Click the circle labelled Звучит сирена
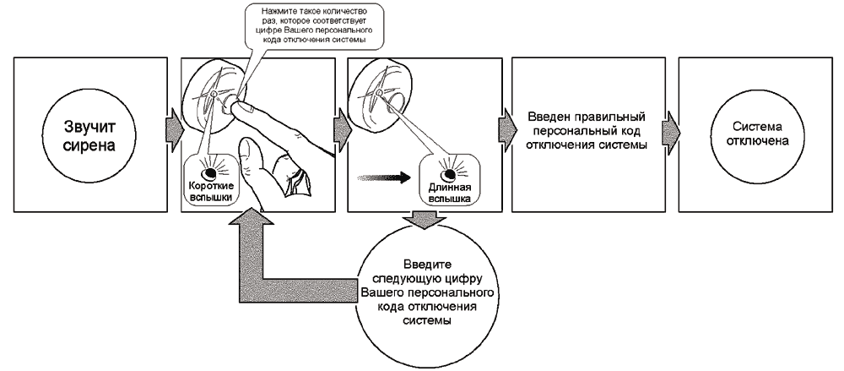[88, 135]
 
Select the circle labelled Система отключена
[753, 135]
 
